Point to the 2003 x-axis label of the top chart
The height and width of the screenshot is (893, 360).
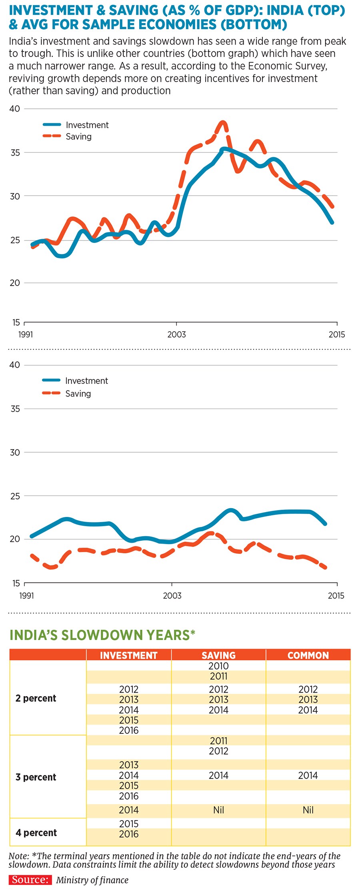click(x=176, y=334)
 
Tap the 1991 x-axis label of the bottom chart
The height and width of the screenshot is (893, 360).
click(x=27, y=595)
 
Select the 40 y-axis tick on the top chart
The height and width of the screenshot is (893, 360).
click(x=14, y=109)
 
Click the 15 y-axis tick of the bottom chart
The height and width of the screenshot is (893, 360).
click(x=16, y=583)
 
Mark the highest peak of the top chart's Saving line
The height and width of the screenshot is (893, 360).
click(x=223, y=122)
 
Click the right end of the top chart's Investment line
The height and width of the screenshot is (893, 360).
click(x=332, y=222)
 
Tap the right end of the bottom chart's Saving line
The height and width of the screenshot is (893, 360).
click(x=326, y=567)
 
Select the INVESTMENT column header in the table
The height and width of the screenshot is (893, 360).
click(x=128, y=655)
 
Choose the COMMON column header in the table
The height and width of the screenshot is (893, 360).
click(x=308, y=655)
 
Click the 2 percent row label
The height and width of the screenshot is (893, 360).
click(x=36, y=699)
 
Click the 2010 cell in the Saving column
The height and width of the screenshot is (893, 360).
click(x=218, y=666)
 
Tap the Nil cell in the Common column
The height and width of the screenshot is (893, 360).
click(x=308, y=810)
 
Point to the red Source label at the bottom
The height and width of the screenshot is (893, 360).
click(x=30, y=880)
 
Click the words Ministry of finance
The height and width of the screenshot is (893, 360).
click(x=92, y=880)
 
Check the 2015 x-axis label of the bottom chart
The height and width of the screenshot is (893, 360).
click(x=336, y=595)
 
